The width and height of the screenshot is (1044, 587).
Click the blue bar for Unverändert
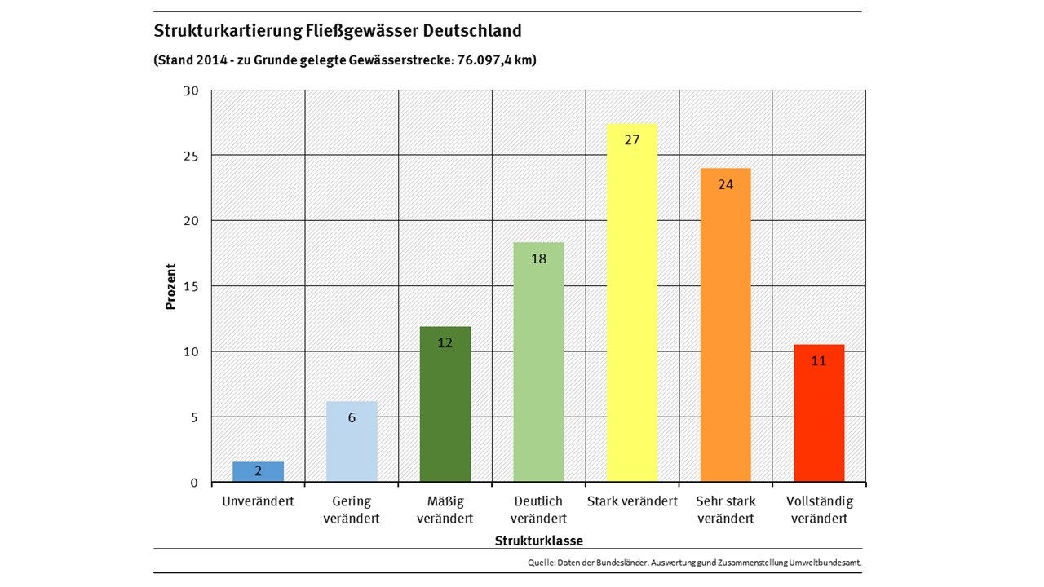click(258, 472)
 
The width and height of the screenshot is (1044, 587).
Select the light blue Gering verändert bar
click(352, 444)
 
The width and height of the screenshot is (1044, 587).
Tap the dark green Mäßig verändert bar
click(445, 408)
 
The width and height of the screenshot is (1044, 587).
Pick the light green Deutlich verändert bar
click(538, 367)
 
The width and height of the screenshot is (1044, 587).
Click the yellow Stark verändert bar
click(632, 310)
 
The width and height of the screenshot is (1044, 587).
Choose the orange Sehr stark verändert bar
click(725, 326)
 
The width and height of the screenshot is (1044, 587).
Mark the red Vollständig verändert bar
click(819, 416)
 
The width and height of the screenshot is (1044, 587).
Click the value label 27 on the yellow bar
click(632, 139)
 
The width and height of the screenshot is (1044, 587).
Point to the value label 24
click(725, 184)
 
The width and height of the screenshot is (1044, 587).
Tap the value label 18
click(538, 258)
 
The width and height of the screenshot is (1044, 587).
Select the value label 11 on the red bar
click(819, 360)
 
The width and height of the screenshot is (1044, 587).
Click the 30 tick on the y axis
click(191, 90)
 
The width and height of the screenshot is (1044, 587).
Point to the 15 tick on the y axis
click(191, 286)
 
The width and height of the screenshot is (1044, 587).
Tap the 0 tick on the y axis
click(194, 483)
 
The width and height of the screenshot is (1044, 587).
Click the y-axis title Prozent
click(171, 286)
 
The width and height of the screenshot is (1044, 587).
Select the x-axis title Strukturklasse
click(538, 541)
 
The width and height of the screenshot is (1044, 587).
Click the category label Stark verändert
click(632, 501)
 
